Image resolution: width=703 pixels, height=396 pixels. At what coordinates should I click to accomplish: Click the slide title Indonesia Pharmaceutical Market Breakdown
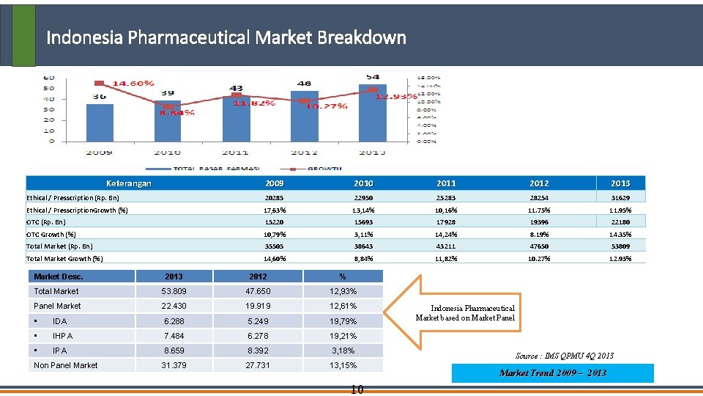226,37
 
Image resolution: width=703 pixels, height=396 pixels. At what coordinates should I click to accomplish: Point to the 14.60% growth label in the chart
131,84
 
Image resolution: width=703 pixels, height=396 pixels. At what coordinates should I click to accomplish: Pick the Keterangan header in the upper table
129,183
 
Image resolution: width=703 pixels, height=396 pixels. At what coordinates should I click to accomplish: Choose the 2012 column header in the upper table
538,183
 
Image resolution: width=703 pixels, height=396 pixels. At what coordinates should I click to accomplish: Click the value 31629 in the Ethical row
621,197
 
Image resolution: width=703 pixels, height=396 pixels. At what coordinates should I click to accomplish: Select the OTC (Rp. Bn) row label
47,221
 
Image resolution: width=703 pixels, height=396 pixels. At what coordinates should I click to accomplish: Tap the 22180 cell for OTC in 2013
621,221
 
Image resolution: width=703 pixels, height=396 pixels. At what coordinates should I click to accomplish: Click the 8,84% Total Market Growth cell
363,258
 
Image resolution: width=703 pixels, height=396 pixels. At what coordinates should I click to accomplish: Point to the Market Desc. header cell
59,276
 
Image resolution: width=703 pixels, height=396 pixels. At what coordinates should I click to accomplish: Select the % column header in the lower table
343,276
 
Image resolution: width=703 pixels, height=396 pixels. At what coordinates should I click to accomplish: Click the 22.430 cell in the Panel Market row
174,306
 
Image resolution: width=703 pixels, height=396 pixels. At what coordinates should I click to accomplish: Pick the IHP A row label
62,336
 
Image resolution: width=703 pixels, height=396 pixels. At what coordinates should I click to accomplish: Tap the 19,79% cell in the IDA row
343,321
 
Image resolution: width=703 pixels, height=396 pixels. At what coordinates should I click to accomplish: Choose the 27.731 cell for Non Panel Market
258,365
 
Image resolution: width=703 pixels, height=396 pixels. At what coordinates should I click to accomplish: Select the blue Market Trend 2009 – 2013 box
552,373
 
